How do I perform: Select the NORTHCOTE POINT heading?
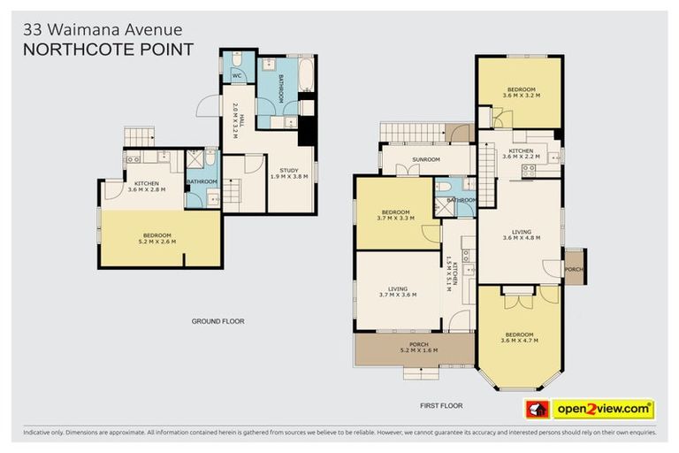pyautogui.click(x=107, y=50)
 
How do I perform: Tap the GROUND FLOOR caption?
pyautogui.click(x=217, y=321)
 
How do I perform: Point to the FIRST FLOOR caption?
pyautogui.click(x=441, y=405)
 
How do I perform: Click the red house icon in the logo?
pyautogui.click(x=538, y=409)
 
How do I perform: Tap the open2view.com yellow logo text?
pyautogui.click(x=603, y=409)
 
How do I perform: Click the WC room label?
pyautogui.click(x=237, y=75)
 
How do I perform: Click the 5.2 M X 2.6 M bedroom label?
pyautogui.click(x=156, y=237)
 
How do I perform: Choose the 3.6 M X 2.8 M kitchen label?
pyautogui.click(x=146, y=187)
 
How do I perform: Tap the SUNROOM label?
pyautogui.click(x=425, y=160)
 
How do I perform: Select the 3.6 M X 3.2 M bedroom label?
pyautogui.click(x=519, y=91)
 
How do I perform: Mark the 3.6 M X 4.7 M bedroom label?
pyautogui.click(x=518, y=337)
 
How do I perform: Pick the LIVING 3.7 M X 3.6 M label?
pyautogui.click(x=396, y=291)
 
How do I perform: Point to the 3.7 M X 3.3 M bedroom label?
pyautogui.click(x=396, y=215)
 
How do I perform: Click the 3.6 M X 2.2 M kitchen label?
pyautogui.click(x=519, y=154)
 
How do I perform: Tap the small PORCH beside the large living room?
pyautogui.click(x=574, y=269)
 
